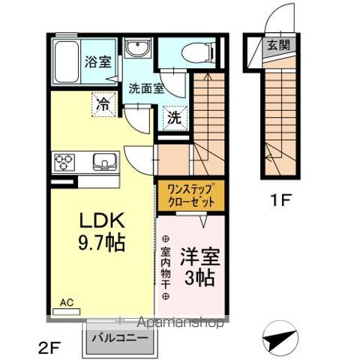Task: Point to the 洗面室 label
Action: (145, 88)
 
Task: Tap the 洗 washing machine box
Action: (173, 118)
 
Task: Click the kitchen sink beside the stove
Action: (101, 162)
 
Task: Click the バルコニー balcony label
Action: (121, 337)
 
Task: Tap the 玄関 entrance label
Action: (275, 45)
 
